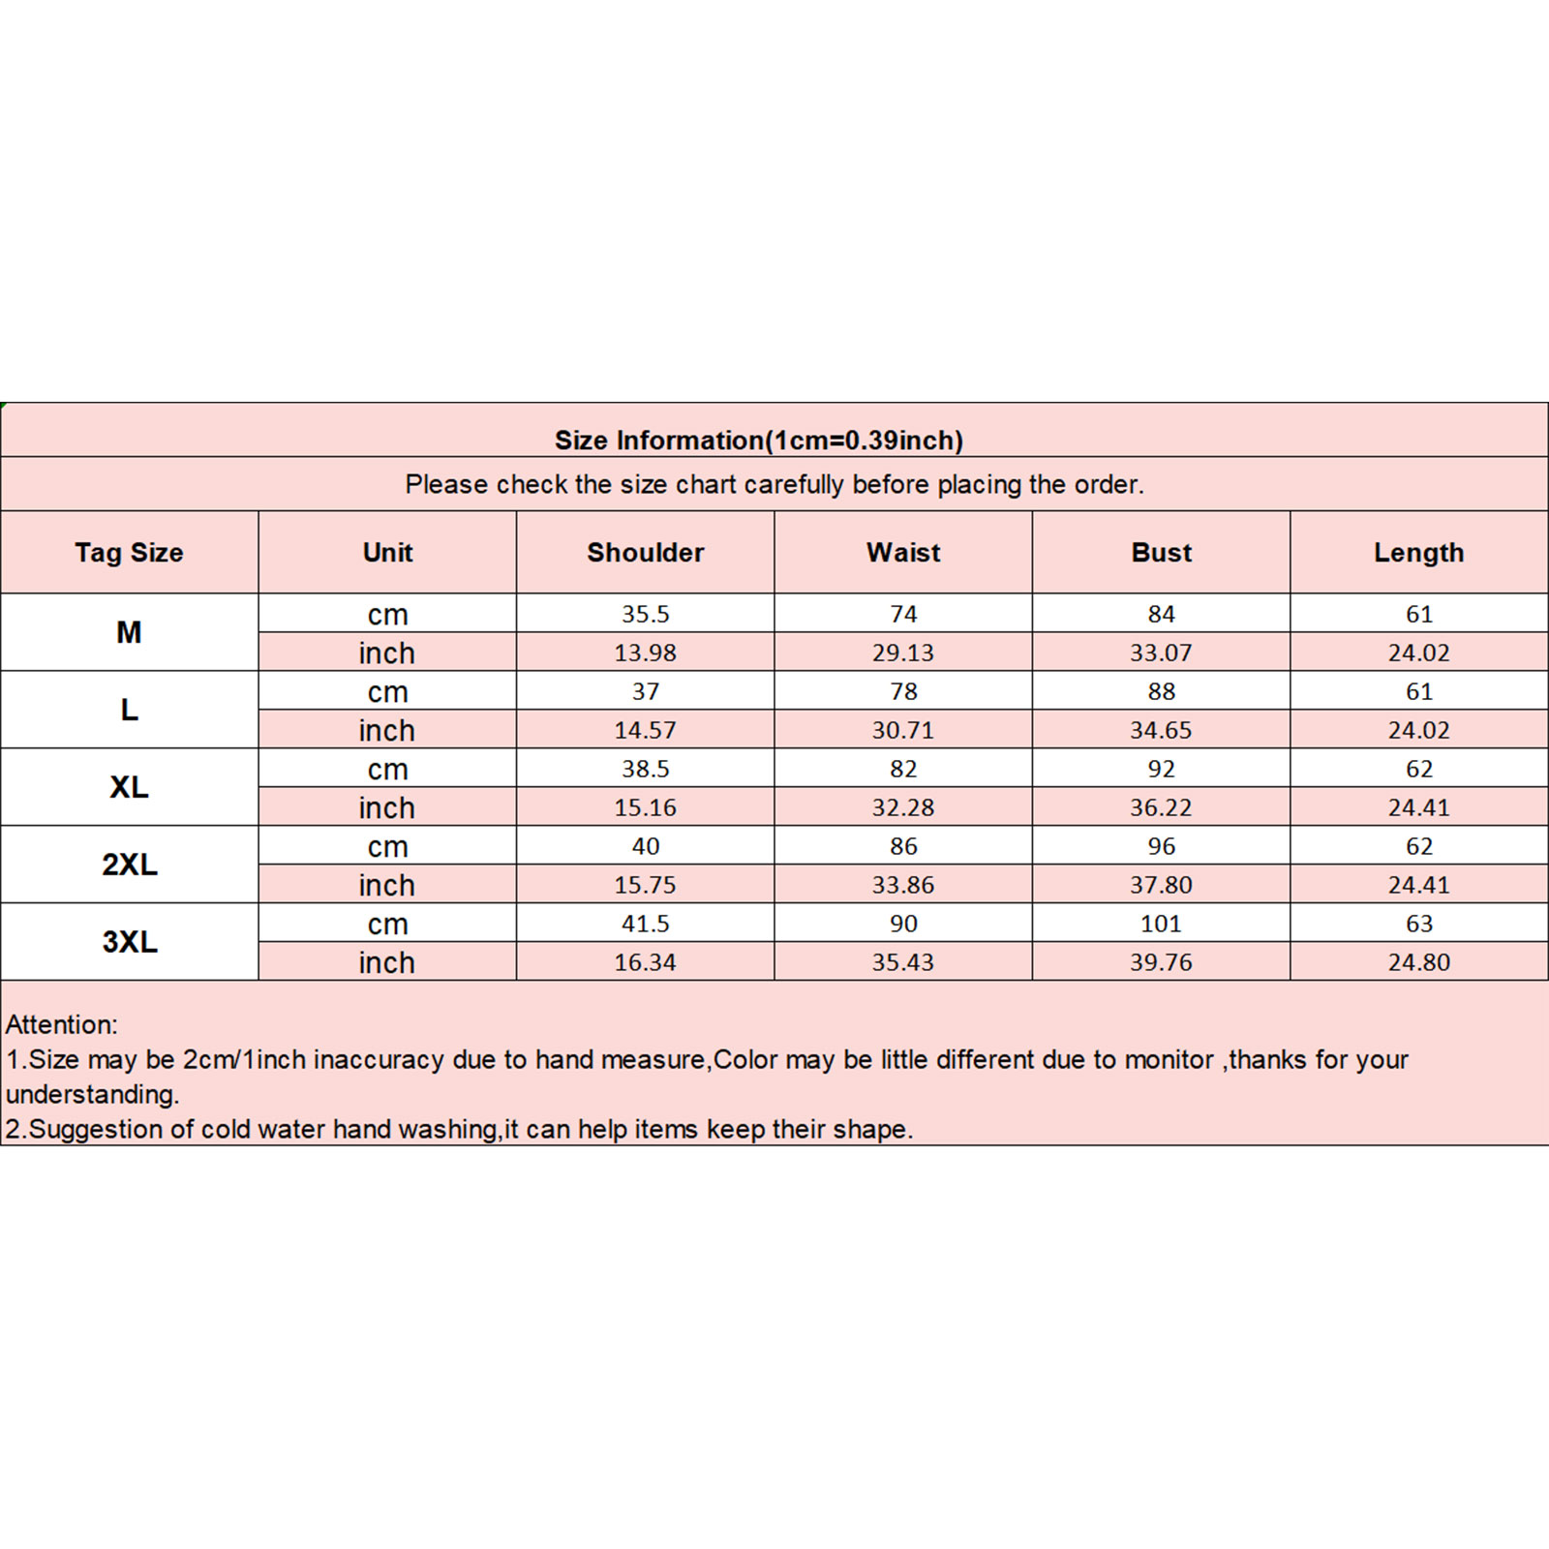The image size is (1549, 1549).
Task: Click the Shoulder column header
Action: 645,553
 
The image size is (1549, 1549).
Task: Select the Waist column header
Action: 903,553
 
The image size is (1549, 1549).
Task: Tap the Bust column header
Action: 1161,553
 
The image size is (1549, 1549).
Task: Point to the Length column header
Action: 1418,553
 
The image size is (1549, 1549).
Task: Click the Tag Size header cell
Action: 129,553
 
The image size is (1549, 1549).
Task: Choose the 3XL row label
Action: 130,942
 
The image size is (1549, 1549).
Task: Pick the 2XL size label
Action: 130,865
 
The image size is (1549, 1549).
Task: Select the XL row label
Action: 130,787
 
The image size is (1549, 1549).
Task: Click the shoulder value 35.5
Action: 646,614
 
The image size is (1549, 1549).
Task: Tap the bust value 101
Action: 1161,924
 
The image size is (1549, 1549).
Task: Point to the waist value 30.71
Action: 903,730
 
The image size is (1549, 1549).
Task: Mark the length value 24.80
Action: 1418,962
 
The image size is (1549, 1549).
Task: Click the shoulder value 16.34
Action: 646,962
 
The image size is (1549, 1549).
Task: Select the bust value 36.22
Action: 1161,807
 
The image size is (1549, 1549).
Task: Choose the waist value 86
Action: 903,846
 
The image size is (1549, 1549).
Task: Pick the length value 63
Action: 1418,924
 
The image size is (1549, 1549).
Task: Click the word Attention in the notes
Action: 61,1024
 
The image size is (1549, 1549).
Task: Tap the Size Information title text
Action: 758,440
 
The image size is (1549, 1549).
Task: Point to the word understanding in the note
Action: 92,1095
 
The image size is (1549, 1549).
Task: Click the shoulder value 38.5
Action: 646,769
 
